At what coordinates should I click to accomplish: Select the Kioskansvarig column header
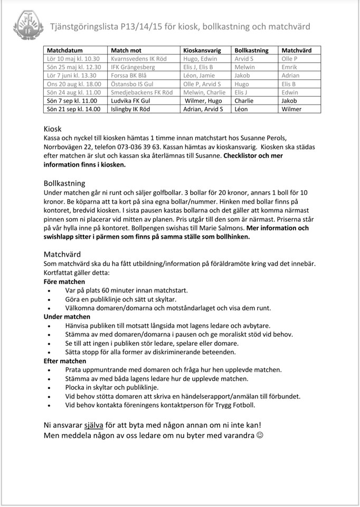tap(201, 50)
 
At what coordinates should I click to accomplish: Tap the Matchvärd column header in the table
tap(297, 50)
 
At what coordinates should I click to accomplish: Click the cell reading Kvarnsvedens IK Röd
tap(138, 59)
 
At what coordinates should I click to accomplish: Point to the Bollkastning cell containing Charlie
tap(244, 100)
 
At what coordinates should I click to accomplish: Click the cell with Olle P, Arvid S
tap(202, 84)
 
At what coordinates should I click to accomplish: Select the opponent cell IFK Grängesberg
tap(132, 67)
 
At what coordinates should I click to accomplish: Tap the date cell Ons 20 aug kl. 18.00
tap(73, 84)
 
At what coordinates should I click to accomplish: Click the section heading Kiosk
tap(52, 128)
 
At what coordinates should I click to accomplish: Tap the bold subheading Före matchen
tap(64, 281)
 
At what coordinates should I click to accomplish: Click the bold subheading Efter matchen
tap(64, 361)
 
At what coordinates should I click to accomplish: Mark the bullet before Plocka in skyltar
tap(50, 388)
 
